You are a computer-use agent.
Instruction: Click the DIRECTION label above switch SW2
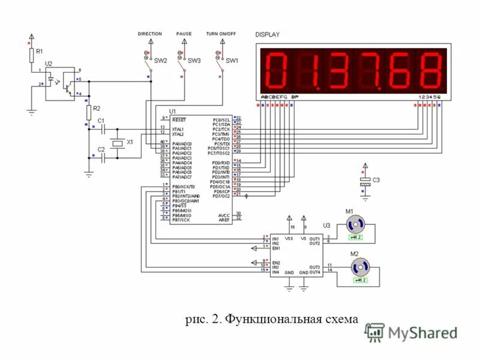click(150, 34)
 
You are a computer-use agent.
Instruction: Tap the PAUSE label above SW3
click(184, 34)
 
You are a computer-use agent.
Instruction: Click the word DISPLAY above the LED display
click(268, 35)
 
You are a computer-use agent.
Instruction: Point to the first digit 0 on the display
click(276, 70)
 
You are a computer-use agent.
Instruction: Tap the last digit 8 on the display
click(430, 70)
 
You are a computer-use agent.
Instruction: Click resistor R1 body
click(31, 55)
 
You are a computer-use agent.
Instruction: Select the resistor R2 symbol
click(89, 112)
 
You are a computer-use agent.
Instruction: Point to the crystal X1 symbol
click(118, 143)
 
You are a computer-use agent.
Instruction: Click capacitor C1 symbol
click(103, 128)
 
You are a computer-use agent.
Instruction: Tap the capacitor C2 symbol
click(103, 157)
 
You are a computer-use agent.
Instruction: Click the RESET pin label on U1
click(179, 119)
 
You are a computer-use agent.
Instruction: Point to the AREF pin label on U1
click(224, 220)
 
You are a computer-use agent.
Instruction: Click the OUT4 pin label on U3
click(314, 272)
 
